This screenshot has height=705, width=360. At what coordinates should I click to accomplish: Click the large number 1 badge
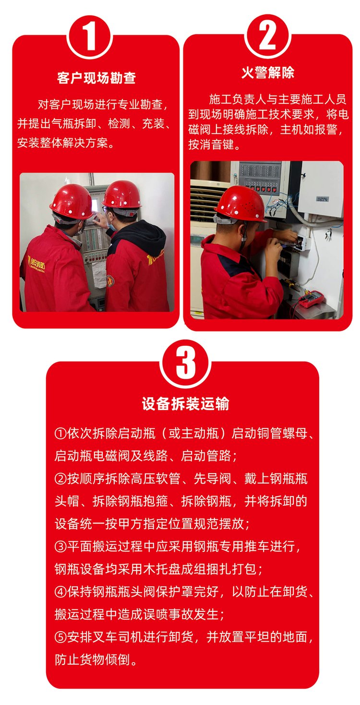90,37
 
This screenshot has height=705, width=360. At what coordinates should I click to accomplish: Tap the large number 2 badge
267,36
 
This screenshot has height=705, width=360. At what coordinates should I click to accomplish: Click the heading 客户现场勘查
96,78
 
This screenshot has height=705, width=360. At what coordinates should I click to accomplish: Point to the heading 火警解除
268,73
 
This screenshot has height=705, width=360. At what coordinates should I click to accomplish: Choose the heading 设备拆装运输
185,404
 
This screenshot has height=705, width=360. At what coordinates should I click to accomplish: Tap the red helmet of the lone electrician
240,203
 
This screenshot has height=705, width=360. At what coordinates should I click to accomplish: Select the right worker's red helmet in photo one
122,194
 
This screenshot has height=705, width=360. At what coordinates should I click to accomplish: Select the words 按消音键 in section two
211,144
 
